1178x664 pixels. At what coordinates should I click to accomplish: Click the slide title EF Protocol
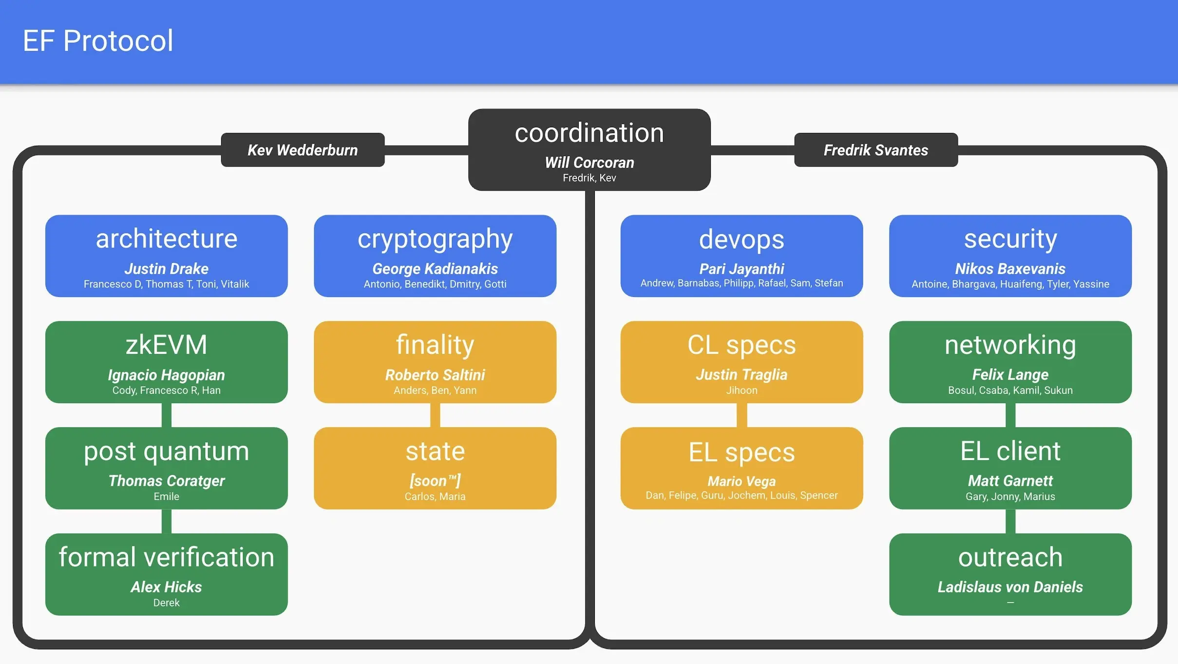click(98, 40)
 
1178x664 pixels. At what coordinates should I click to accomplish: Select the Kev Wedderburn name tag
click(303, 150)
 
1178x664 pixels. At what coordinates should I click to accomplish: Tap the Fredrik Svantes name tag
click(876, 150)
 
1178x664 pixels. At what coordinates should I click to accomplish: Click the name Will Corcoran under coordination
click(589, 162)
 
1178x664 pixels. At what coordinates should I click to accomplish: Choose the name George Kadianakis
click(435, 269)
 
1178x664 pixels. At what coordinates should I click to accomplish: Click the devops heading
click(741, 239)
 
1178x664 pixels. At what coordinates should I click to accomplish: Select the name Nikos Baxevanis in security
click(1010, 269)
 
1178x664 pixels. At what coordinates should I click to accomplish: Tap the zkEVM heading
click(167, 345)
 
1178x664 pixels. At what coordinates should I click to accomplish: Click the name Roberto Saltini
click(435, 375)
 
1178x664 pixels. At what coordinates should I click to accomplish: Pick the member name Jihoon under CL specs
click(741, 390)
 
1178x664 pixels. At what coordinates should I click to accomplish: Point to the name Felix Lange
click(1010, 374)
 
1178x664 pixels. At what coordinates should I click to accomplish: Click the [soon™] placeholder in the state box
click(435, 481)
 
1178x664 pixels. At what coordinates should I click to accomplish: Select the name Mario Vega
click(741, 481)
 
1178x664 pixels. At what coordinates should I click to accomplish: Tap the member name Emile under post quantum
click(167, 496)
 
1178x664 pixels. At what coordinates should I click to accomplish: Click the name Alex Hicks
click(167, 587)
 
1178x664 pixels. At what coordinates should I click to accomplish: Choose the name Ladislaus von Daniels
click(1010, 587)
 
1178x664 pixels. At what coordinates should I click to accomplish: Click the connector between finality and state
click(435, 415)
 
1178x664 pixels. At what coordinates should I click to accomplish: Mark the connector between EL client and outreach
click(1010, 521)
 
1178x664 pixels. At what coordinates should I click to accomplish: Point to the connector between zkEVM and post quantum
click(167, 415)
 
